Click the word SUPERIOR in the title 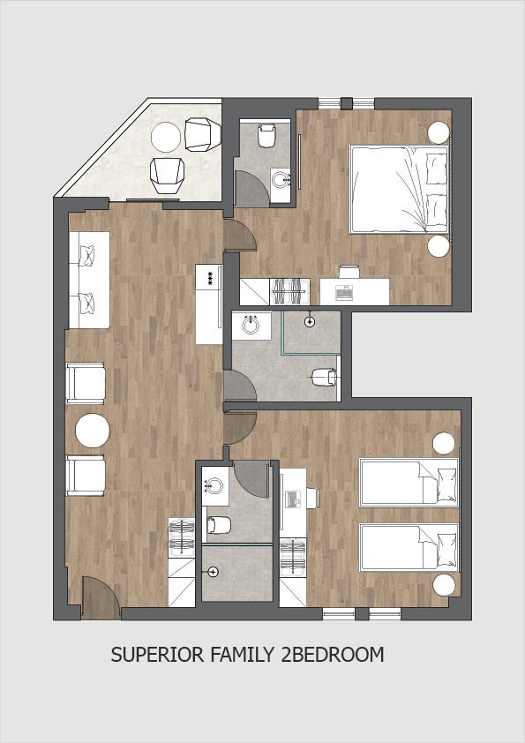coord(158,655)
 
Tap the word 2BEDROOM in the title coord(332,655)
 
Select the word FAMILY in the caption coord(242,655)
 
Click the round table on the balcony coord(166,137)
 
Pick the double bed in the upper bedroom coord(399,190)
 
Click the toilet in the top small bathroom coord(266,135)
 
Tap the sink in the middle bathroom coord(251,325)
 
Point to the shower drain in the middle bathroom coord(310,322)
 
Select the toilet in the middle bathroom coord(325,377)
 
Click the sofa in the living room coord(89,280)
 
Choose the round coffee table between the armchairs coord(93,431)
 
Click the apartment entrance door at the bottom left coord(100,598)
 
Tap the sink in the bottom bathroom coord(214,485)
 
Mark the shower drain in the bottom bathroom coord(214,573)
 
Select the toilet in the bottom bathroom coord(219,524)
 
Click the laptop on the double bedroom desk coord(343,293)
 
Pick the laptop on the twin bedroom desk coord(293,499)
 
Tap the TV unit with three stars coord(209,304)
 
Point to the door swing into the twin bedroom coord(240,428)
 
